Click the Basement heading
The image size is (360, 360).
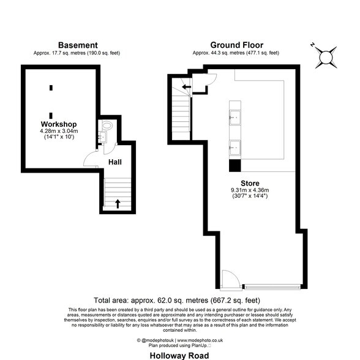(78, 45)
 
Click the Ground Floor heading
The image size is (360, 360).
(237, 45)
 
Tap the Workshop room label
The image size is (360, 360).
(59, 124)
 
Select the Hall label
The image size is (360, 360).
(115, 162)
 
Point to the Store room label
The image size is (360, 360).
(250, 183)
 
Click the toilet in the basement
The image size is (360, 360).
(107, 126)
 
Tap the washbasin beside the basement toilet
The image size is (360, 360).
(103, 137)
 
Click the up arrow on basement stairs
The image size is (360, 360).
(118, 204)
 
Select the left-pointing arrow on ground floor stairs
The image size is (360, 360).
(186, 87)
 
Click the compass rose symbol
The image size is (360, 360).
(326, 58)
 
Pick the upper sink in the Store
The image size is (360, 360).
(235, 117)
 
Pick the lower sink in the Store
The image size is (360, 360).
(235, 148)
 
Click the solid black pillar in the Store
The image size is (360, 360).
(235, 165)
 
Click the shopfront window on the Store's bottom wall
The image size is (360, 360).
(272, 287)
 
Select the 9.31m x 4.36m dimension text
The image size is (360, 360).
(250, 190)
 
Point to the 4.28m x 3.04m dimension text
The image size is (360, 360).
(59, 131)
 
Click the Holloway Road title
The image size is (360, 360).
(179, 356)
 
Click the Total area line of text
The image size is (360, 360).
(177, 300)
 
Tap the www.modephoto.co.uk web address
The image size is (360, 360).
(200, 340)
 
